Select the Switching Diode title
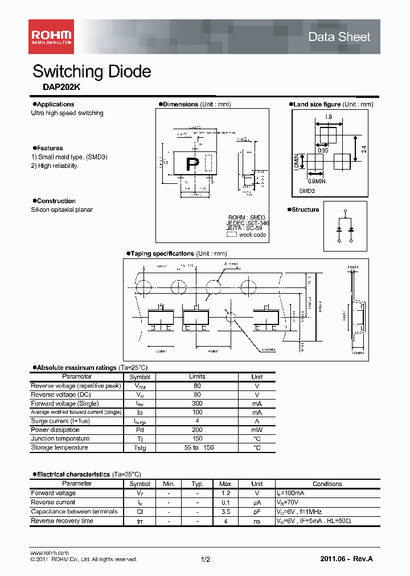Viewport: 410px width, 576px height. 92,72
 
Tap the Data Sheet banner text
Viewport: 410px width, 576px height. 339,37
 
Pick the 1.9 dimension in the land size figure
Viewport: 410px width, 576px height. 328,117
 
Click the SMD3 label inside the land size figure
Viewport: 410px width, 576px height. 307,192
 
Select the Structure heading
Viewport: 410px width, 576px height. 305,210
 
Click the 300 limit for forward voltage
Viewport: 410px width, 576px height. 197,403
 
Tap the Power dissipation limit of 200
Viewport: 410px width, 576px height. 197,430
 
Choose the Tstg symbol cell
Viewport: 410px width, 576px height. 140,448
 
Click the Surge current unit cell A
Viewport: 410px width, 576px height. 257,421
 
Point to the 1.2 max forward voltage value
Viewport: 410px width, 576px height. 225,493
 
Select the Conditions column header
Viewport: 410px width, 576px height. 327,484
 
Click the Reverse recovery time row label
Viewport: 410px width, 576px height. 62,521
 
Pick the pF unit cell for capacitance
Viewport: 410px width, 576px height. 257,512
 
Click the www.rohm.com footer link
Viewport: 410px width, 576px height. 49,553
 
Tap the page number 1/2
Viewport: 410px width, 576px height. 206,560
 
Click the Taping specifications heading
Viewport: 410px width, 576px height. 162,254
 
